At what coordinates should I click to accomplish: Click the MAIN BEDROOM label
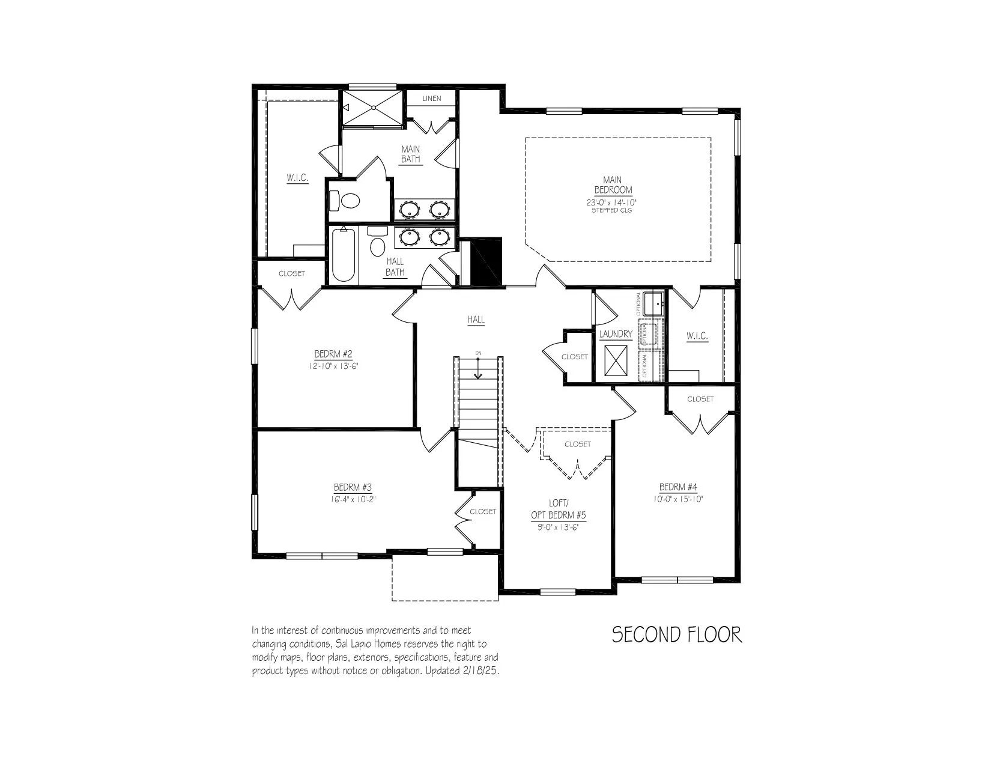tap(613, 185)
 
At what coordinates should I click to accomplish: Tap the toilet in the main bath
tap(345, 200)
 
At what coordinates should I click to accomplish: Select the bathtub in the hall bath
tap(344, 255)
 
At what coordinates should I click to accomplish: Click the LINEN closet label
tap(431, 99)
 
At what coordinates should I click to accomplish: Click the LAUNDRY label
tap(616, 334)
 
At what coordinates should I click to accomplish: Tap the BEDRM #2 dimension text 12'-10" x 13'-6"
tap(333, 366)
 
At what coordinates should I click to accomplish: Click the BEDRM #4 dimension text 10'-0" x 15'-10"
tap(678, 499)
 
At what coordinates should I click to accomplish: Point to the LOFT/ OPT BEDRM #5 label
tap(558, 509)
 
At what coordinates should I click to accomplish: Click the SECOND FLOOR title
tap(677, 635)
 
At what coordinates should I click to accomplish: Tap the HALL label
tap(476, 320)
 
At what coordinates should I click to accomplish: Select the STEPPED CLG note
tap(611, 211)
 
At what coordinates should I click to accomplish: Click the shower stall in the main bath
tap(372, 108)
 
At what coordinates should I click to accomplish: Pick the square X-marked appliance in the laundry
tap(616, 361)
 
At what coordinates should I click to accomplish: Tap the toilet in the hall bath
tap(378, 241)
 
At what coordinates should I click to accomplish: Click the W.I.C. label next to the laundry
tap(697, 336)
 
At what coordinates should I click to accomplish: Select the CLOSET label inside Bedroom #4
tap(700, 399)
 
